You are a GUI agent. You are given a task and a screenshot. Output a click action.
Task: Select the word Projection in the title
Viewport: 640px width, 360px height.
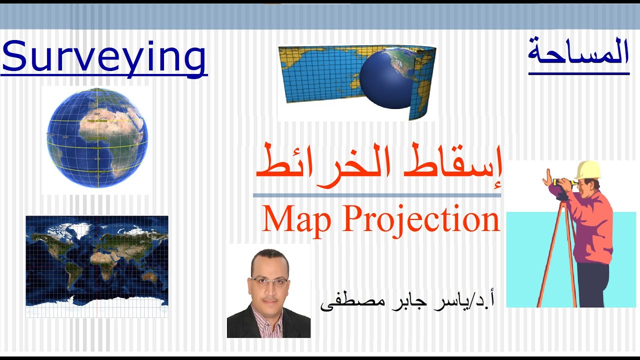tap(420, 220)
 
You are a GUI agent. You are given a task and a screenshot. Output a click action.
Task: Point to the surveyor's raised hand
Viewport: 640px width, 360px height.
tap(548, 177)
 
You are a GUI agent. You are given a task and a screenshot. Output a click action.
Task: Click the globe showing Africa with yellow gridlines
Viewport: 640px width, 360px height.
tap(97, 138)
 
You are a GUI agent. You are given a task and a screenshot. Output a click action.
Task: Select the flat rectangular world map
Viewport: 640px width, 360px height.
tap(97, 266)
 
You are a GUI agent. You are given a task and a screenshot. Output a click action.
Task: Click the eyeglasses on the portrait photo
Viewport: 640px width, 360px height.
tap(269, 281)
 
